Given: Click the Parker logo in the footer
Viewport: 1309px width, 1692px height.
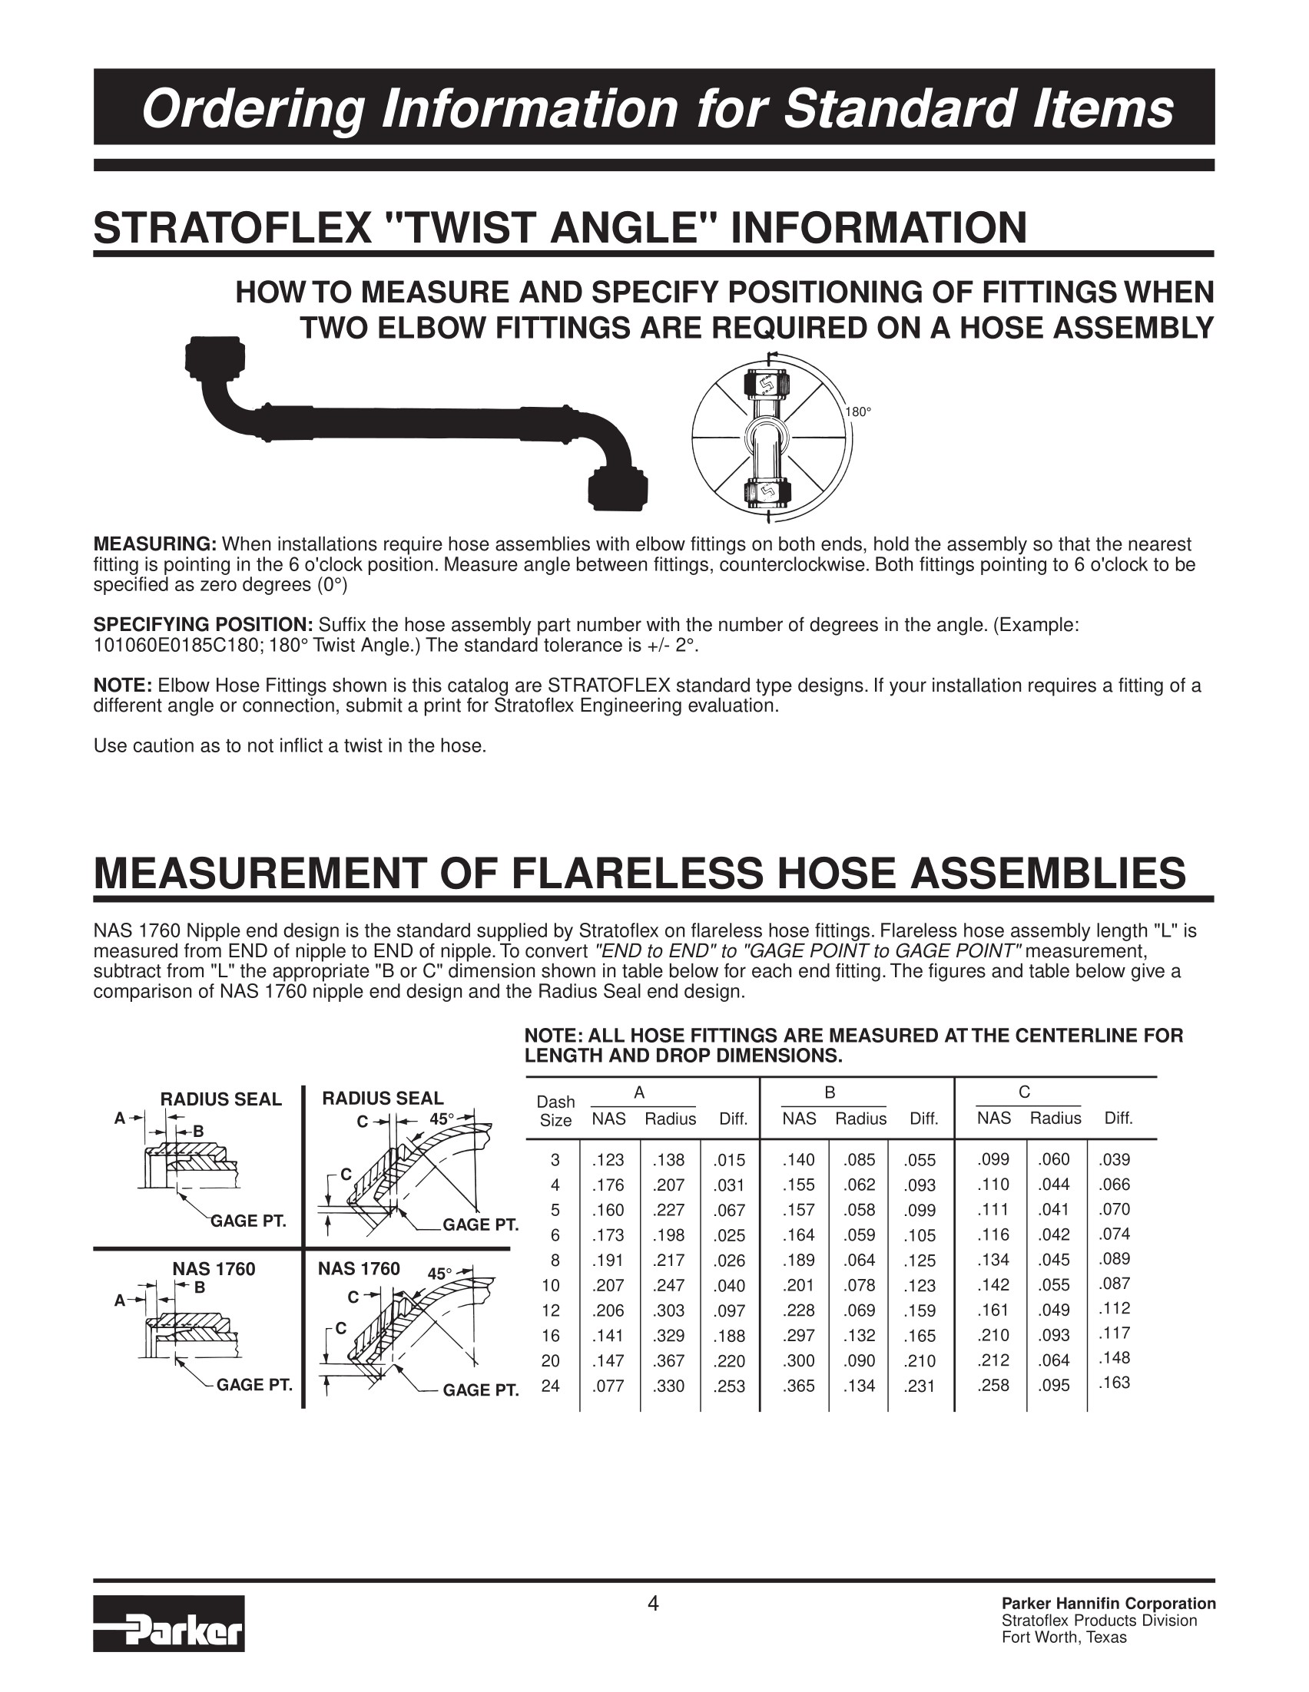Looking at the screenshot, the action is (169, 1623).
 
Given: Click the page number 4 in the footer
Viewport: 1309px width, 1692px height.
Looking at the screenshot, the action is (653, 1603).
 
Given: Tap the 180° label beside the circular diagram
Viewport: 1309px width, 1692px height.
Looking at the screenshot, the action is (858, 412).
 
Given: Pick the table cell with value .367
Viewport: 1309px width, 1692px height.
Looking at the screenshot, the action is (671, 1361).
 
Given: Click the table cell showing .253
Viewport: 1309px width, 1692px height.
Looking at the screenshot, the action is (729, 1386).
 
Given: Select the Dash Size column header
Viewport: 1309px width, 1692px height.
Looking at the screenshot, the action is (555, 1111).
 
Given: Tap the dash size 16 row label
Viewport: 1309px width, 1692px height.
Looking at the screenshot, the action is (550, 1336).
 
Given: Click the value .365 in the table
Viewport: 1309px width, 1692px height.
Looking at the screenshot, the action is (798, 1386).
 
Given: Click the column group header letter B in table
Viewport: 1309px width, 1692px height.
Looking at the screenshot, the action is (830, 1093).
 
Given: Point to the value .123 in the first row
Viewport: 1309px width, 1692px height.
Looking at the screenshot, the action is (608, 1160).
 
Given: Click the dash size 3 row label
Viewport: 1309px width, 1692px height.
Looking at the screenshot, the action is (554, 1160).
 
